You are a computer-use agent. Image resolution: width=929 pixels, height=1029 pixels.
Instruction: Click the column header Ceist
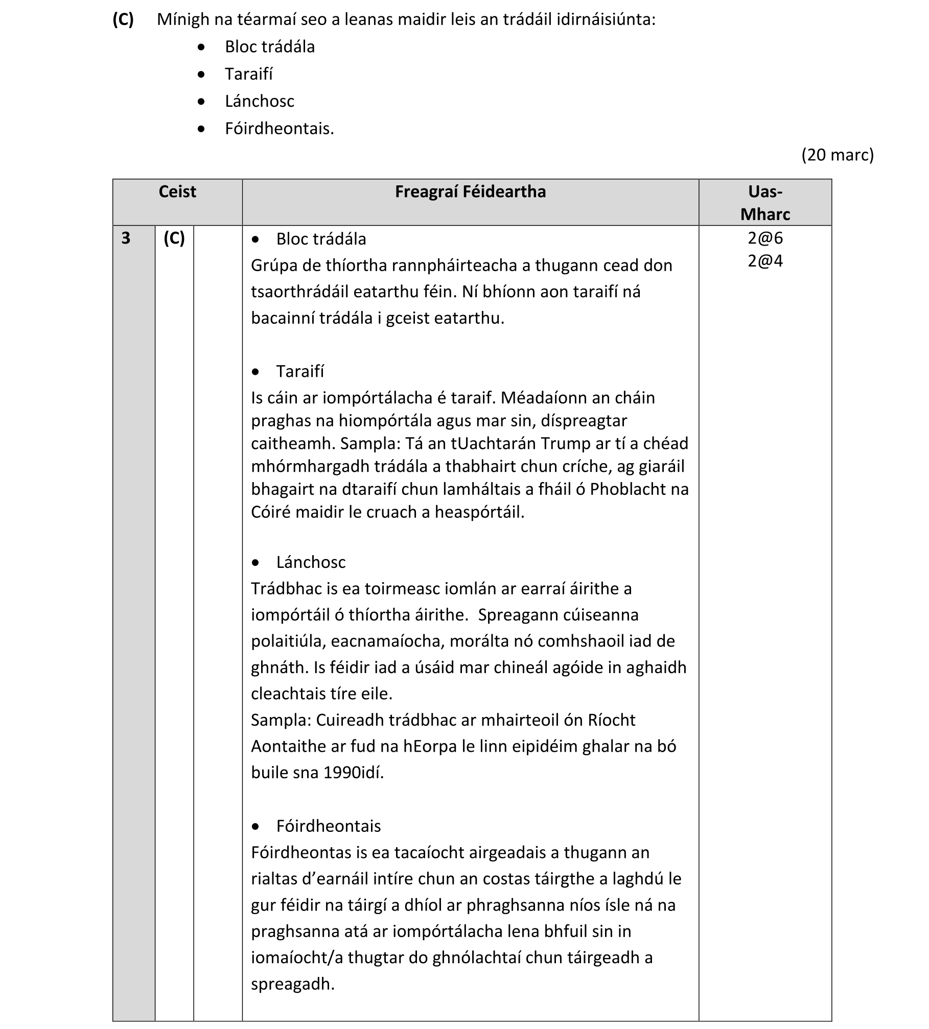[177, 192]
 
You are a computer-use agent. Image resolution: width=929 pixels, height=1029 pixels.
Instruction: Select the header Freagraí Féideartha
[470, 192]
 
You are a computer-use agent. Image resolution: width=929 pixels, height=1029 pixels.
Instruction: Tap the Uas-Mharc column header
[764, 203]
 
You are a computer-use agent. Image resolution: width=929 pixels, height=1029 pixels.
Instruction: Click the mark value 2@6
[765, 238]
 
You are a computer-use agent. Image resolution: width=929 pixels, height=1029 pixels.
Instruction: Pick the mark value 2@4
[765, 261]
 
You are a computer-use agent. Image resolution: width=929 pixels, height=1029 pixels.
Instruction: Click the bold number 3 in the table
[126, 238]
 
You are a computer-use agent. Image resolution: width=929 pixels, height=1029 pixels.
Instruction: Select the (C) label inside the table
[174, 238]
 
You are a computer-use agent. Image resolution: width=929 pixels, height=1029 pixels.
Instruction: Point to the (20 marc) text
[837, 155]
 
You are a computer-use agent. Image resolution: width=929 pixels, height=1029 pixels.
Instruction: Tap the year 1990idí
[353, 772]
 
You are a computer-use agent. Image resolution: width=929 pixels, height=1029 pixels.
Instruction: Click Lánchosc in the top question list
[260, 101]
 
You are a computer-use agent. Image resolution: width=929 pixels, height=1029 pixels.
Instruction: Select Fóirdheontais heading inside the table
[329, 826]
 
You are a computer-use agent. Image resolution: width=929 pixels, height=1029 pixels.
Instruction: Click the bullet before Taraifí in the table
[256, 372]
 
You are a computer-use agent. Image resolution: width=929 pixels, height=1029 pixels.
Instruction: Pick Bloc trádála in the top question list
[270, 47]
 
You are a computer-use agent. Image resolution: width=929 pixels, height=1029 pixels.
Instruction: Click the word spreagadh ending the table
[292, 984]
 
